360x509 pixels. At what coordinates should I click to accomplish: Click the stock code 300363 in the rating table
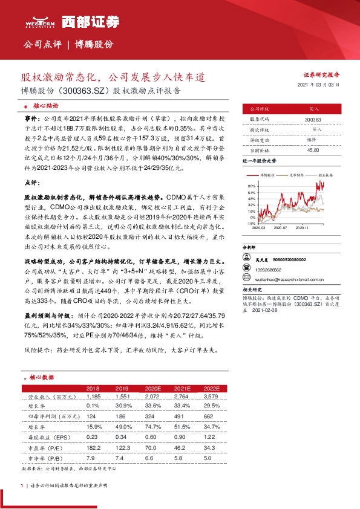(313, 120)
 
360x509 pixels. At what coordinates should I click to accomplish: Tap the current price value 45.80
(313, 149)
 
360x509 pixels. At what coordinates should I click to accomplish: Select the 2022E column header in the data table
(210, 387)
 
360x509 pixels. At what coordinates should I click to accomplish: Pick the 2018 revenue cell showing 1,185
(93, 396)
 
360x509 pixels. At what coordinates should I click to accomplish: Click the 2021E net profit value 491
(178, 417)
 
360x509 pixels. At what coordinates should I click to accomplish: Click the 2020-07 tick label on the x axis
(280, 228)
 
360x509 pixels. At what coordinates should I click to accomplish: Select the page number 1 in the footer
(22, 485)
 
